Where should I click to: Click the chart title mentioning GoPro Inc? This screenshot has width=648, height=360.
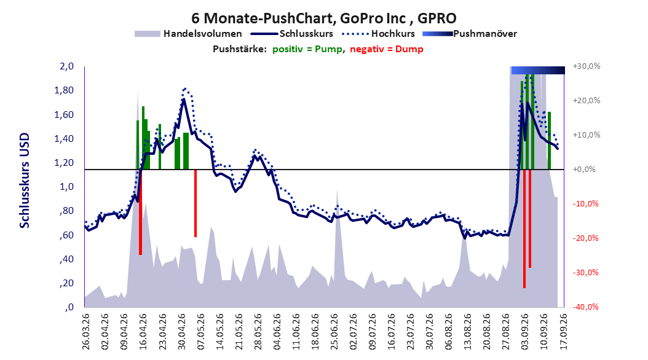click(x=323, y=18)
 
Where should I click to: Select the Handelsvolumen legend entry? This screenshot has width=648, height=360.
click(x=188, y=34)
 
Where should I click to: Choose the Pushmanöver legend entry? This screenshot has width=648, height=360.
click(x=470, y=34)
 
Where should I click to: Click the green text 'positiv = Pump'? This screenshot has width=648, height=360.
click(x=307, y=49)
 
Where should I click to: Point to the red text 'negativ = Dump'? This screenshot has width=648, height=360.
click(x=387, y=49)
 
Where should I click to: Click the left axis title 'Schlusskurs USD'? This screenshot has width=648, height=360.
click(x=25, y=181)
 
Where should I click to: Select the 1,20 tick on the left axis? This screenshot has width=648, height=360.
click(x=64, y=163)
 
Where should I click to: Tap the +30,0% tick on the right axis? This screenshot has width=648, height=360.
click(x=587, y=66)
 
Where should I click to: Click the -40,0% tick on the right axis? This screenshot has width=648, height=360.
click(x=586, y=307)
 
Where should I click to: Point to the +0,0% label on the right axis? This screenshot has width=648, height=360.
click(x=584, y=170)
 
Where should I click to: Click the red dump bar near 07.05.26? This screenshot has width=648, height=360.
click(x=196, y=203)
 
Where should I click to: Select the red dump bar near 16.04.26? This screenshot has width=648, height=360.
click(x=141, y=212)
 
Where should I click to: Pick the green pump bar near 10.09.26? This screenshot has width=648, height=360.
click(x=549, y=140)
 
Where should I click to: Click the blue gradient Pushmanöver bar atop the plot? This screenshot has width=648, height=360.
click(x=538, y=70)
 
